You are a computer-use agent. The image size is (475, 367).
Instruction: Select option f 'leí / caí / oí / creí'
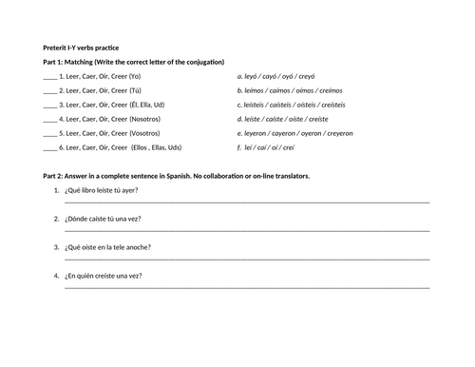[274, 149]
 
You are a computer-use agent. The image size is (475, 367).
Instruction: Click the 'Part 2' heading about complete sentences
[177, 176]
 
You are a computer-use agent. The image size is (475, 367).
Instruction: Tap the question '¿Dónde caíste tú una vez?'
[104, 219]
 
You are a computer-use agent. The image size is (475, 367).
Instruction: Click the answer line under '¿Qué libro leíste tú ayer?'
[247, 203]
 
